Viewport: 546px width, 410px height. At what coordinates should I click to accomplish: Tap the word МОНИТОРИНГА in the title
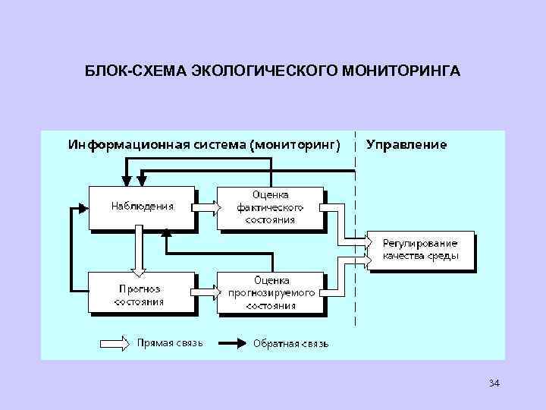point(402,71)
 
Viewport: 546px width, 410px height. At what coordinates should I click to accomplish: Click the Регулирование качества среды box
point(420,250)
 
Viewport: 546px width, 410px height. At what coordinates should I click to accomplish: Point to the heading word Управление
point(406,143)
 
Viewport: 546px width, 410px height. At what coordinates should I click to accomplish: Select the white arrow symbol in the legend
point(116,343)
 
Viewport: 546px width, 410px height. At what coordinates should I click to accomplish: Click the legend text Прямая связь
point(170,343)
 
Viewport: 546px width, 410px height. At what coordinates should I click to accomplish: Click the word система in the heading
point(220,143)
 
